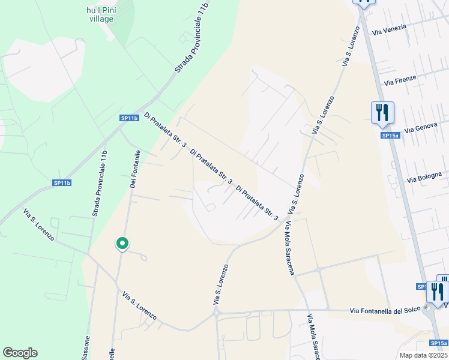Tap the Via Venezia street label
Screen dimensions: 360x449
coord(389,28)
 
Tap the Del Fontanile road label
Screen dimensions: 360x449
coord(135,169)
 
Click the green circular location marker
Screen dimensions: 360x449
coord(122,244)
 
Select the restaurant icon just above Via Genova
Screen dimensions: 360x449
coord(382,112)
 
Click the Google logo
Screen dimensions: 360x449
coord(20,352)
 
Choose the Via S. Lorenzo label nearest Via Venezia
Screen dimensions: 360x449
coord(346,45)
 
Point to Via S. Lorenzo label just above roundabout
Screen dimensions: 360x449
coord(220,284)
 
